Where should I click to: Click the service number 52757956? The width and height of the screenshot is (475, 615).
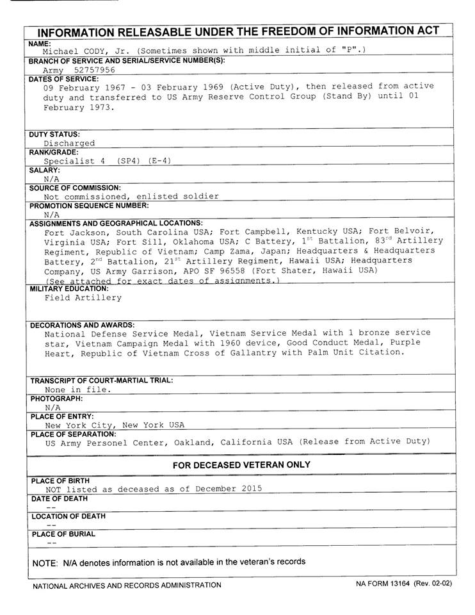click(x=95, y=70)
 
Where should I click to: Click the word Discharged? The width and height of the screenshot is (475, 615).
click(x=69, y=143)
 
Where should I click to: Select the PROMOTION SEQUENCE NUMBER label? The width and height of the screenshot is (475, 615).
click(x=89, y=206)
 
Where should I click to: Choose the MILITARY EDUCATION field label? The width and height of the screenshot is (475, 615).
click(x=69, y=289)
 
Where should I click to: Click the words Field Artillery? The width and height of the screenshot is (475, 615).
click(x=83, y=298)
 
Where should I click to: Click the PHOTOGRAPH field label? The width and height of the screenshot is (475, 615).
click(x=56, y=398)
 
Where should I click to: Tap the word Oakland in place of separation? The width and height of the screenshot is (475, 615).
click(x=193, y=442)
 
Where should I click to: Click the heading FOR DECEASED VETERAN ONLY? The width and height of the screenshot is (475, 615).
click(x=241, y=465)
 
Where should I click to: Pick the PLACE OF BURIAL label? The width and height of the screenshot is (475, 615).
click(x=63, y=534)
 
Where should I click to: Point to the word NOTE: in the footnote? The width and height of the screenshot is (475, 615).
click(x=45, y=562)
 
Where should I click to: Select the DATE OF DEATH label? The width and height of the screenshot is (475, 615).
click(x=60, y=498)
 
